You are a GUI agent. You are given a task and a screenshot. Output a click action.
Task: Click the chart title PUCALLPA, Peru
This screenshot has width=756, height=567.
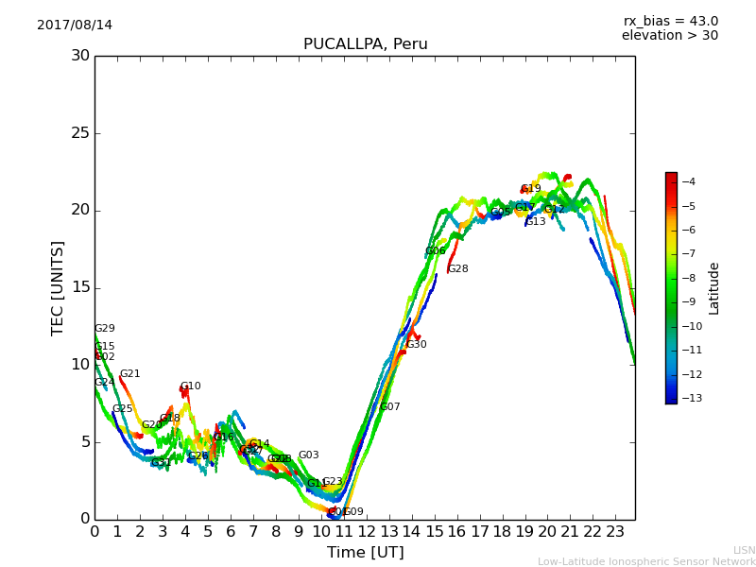tap(365, 44)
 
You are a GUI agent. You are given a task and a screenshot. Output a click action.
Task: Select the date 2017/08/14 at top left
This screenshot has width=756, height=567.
tap(75, 25)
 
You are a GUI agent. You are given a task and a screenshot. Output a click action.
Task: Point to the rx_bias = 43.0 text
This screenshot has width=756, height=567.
tap(670, 21)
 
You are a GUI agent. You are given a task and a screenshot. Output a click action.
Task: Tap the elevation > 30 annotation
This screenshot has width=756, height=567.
tap(669, 36)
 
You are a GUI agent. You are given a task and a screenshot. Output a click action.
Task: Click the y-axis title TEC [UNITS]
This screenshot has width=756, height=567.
tap(58, 287)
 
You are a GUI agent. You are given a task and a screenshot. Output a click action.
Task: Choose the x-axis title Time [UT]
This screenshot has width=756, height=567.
tap(365, 553)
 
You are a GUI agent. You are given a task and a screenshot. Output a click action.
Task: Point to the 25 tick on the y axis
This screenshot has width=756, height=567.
tap(80, 133)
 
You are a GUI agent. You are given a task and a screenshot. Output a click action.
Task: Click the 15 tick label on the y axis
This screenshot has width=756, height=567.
tap(80, 287)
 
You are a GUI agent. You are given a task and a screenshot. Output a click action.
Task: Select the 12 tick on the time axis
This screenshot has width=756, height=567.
tap(367, 532)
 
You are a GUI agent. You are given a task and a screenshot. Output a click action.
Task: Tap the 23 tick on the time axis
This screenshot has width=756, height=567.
tap(615, 532)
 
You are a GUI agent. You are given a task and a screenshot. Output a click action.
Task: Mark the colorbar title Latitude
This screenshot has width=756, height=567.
tap(714, 288)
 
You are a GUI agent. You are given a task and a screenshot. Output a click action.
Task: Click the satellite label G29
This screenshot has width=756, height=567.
tap(104, 329)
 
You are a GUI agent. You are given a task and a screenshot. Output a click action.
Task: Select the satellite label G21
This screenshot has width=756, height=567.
tap(129, 374)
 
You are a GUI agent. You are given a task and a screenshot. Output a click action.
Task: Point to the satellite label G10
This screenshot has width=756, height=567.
tap(190, 387)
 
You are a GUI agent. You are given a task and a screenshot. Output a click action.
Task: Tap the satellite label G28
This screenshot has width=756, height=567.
tap(457, 269)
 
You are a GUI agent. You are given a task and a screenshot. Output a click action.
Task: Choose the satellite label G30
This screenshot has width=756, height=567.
tap(416, 345)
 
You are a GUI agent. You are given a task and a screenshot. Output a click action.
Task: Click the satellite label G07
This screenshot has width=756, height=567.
tap(389, 407)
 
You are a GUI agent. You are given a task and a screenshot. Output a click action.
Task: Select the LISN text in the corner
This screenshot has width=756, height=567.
tap(744, 550)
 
